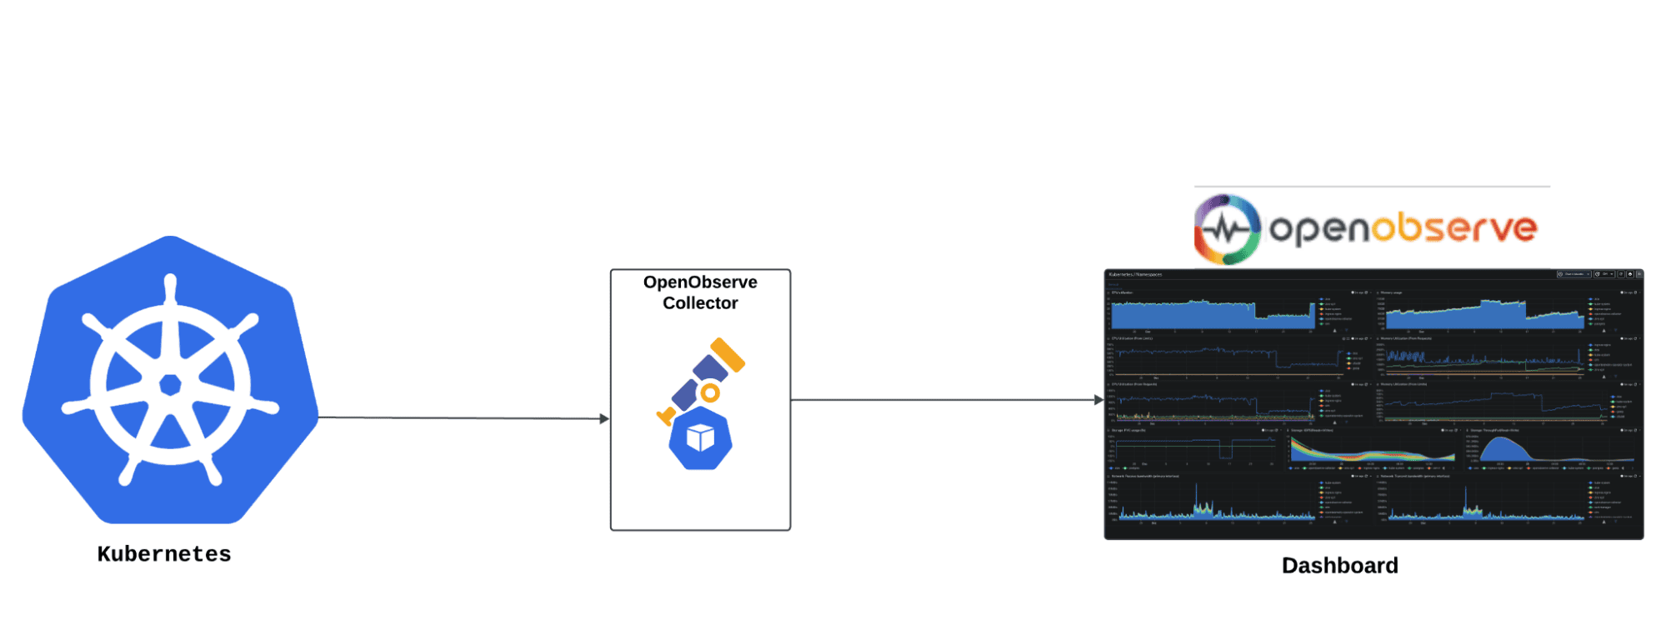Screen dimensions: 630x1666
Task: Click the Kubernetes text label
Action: pyautogui.click(x=164, y=554)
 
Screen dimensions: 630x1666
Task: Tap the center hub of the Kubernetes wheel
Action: pyautogui.click(x=171, y=384)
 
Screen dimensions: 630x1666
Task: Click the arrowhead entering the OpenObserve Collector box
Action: pyautogui.click(x=604, y=418)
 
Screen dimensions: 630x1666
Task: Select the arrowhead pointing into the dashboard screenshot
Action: pyautogui.click(x=1098, y=400)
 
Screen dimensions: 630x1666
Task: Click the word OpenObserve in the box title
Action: pyautogui.click(x=700, y=282)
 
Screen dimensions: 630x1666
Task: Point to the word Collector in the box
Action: pyautogui.click(x=700, y=303)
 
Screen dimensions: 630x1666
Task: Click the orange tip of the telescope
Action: pyautogui.click(x=728, y=355)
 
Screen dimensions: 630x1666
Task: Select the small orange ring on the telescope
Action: pyautogui.click(x=709, y=392)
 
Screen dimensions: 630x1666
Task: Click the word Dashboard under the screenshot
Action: pyautogui.click(x=1339, y=566)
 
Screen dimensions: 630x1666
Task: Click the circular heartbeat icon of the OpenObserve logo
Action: pyautogui.click(x=1227, y=229)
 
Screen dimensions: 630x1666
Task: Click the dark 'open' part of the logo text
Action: pyautogui.click(x=1319, y=229)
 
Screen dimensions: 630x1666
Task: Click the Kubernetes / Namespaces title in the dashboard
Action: pyautogui.click(x=1135, y=274)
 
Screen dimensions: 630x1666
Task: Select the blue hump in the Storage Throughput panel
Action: pyautogui.click(x=1505, y=451)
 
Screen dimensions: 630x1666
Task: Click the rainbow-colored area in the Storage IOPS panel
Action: pyautogui.click(x=1367, y=455)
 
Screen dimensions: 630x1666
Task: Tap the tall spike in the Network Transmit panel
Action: pyautogui.click(x=1466, y=500)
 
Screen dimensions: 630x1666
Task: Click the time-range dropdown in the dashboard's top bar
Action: pyautogui.click(x=1574, y=274)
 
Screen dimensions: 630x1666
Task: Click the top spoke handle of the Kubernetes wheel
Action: pyautogui.click(x=171, y=283)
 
